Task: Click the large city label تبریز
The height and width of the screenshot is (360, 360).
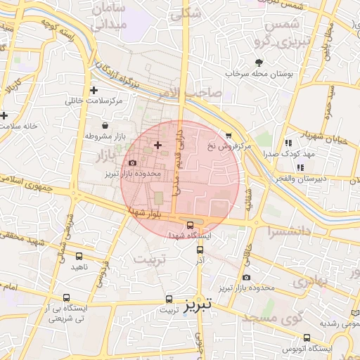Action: click(198, 306)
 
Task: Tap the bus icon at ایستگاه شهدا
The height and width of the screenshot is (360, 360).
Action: click(191, 225)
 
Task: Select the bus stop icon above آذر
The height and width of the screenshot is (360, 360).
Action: click(200, 249)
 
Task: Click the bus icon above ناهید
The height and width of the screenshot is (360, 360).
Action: click(77, 256)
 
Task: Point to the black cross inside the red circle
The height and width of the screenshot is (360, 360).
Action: click(157, 145)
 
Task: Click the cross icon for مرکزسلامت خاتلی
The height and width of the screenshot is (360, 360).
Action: click(94, 90)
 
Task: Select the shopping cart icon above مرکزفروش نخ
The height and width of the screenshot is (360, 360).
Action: click(228, 136)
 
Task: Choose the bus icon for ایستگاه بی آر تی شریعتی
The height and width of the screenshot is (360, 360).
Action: click(67, 297)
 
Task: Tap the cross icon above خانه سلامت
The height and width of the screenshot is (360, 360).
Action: click(4, 115)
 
